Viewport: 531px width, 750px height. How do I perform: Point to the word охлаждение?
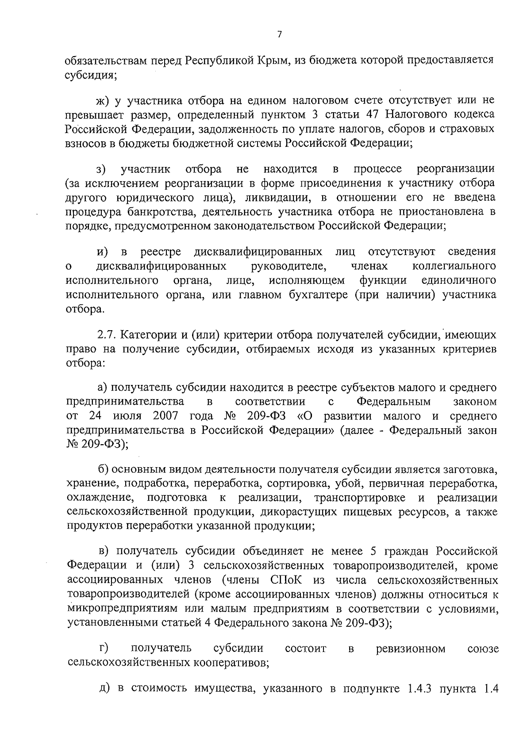[100, 498]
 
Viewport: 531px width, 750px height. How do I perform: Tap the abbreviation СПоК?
[284, 579]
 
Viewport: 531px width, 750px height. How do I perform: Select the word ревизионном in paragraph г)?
[411, 649]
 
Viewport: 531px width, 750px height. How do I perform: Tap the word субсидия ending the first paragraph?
[90, 75]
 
